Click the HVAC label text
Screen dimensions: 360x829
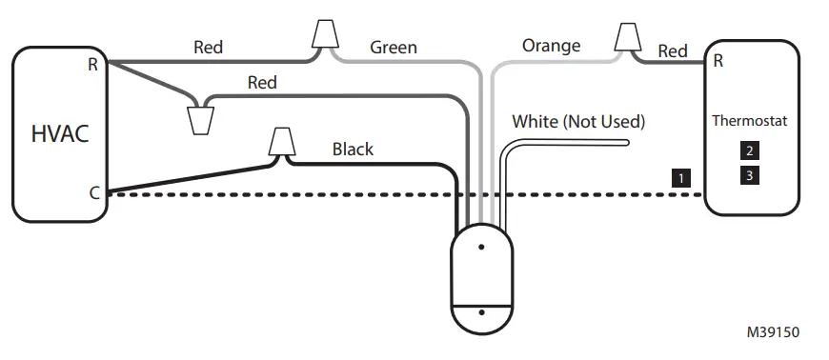tap(60, 132)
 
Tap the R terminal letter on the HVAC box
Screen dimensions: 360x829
tap(92, 64)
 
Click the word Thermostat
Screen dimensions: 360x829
tap(751, 122)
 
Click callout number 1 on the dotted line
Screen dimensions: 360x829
tap(680, 177)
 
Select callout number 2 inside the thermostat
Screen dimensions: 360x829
tap(751, 150)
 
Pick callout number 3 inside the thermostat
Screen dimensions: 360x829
tap(751, 175)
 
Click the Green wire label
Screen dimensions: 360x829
tap(394, 47)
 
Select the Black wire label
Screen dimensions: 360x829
tap(353, 149)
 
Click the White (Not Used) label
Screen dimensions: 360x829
tap(578, 121)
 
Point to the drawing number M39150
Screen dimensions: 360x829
tap(773, 332)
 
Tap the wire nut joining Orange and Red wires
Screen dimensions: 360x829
tap(627, 38)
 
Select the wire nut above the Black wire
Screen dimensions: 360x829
tap(279, 141)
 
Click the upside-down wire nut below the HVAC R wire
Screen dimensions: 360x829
tap(201, 121)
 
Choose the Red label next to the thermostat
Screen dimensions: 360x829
tap(673, 50)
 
